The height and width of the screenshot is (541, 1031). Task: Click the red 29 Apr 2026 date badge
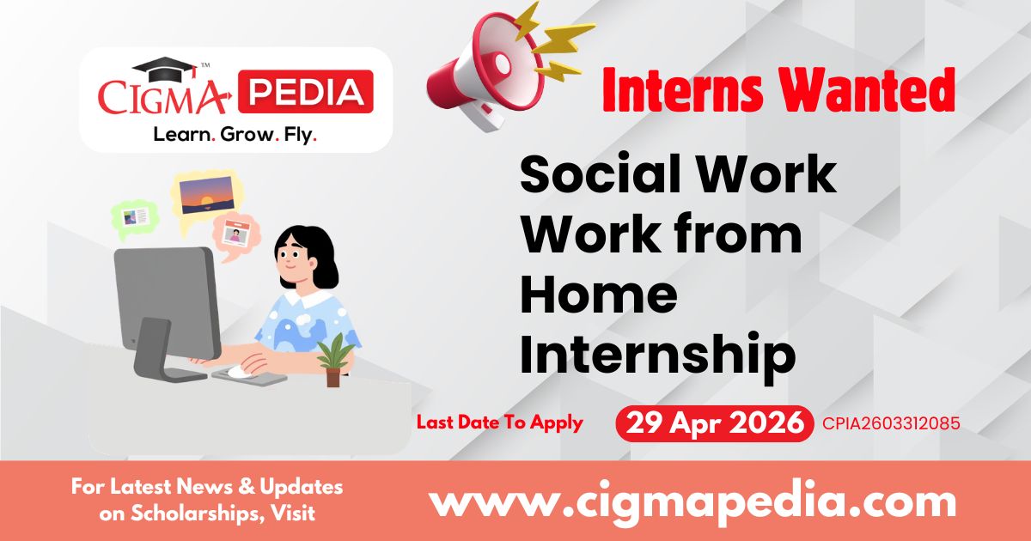pyautogui.click(x=715, y=423)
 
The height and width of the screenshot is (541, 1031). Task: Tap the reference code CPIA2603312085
pyautogui.click(x=890, y=423)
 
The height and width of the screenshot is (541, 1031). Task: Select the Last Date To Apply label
pyautogui.click(x=499, y=422)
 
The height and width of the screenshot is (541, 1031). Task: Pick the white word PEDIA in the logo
pyautogui.click(x=305, y=93)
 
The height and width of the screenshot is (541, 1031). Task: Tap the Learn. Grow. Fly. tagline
pyautogui.click(x=235, y=135)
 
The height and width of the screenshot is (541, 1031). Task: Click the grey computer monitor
pyautogui.click(x=168, y=296)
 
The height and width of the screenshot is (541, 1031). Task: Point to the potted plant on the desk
pyautogui.click(x=333, y=359)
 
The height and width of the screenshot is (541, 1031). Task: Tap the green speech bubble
pyautogui.click(x=135, y=216)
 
